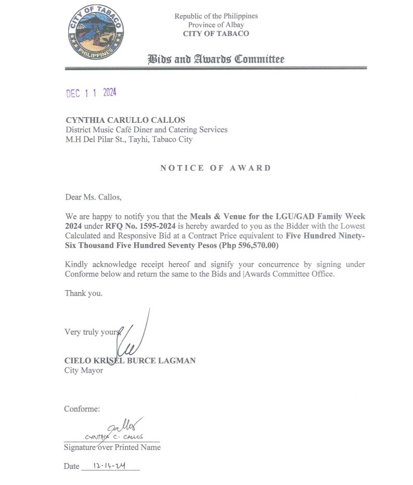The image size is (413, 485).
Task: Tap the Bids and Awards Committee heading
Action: tap(216, 59)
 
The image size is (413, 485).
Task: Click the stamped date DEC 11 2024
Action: tap(91, 93)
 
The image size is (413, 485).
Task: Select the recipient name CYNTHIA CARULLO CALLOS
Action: tap(126, 120)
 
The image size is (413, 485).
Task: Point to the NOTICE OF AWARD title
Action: tap(215, 168)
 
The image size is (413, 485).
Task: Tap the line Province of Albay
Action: tap(216, 25)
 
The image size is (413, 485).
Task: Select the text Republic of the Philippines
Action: tap(216, 16)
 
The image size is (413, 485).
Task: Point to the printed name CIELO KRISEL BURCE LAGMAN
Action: tap(130, 360)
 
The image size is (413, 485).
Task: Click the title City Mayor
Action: tap(84, 370)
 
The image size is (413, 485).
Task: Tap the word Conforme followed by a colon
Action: tap(82, 409)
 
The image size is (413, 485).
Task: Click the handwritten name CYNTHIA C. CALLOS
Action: tap(114, 437)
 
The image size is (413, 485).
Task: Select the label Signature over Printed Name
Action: tap(112, 447)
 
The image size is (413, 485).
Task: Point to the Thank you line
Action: tap(83, 293)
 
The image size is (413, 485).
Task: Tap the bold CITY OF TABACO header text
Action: tap(216, 34)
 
